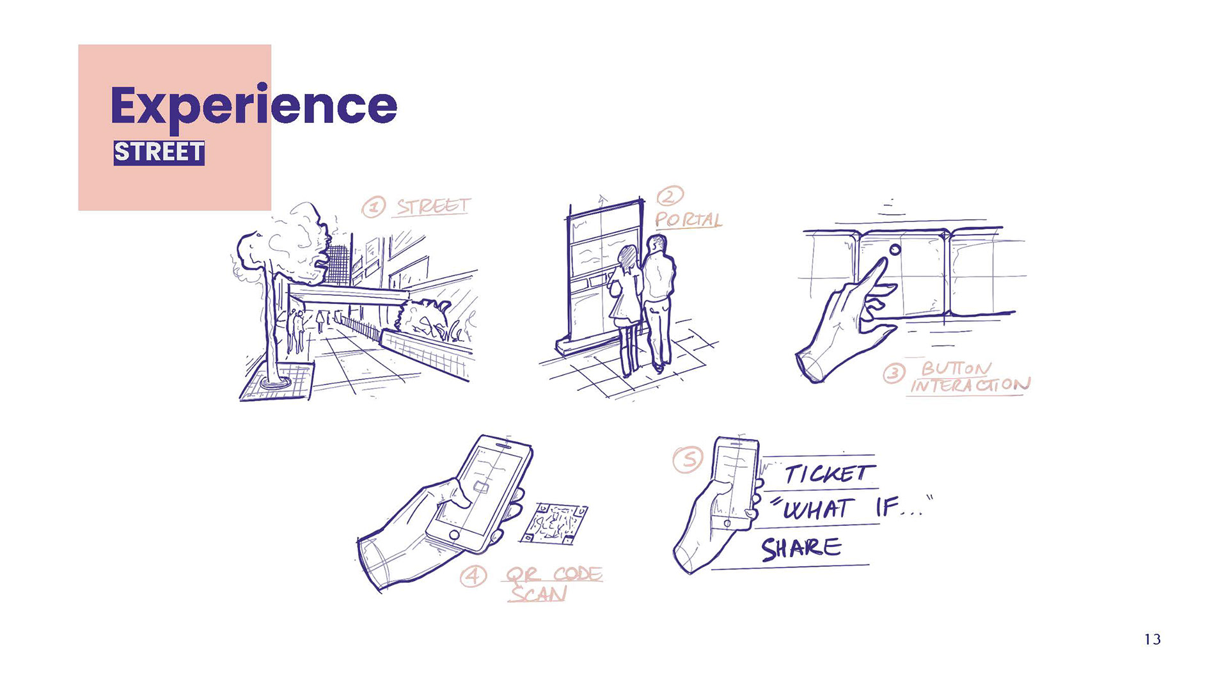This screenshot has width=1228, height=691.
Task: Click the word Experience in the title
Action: pyautogui.click(x=254, y=106)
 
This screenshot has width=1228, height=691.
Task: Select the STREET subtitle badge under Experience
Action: pyautogui.click(x=159, y=153)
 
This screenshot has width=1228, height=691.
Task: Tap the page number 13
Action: pyautogui.click(x=1152, y=639)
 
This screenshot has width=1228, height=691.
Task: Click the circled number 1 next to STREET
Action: pyautogui.click(x=374, y=207)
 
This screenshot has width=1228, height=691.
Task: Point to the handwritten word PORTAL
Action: pyautogui.click(x=688, y=220)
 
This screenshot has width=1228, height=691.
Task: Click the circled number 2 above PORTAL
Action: pyautogui.click(x=670, y=195)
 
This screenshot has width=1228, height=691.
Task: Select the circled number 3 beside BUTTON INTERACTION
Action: pyautogui.click(x=893, y=373)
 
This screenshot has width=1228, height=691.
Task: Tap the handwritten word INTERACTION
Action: pyautogui.click(x=970, y=385)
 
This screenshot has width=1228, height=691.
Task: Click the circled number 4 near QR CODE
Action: pyautogui.click(x=473, y=576)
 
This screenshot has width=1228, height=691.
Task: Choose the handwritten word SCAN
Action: pyautogui.click(x=538, y=594)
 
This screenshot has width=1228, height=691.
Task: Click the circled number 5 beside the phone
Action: pyautogui.click(x=688, y=459)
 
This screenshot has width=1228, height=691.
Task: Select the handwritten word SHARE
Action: pyautogui.click(x=801, y=548)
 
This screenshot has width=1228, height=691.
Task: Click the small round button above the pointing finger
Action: pyautogui.click(x=895, y=250)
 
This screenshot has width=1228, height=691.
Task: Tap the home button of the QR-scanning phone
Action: pyautogui.click(x=454, y=534)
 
